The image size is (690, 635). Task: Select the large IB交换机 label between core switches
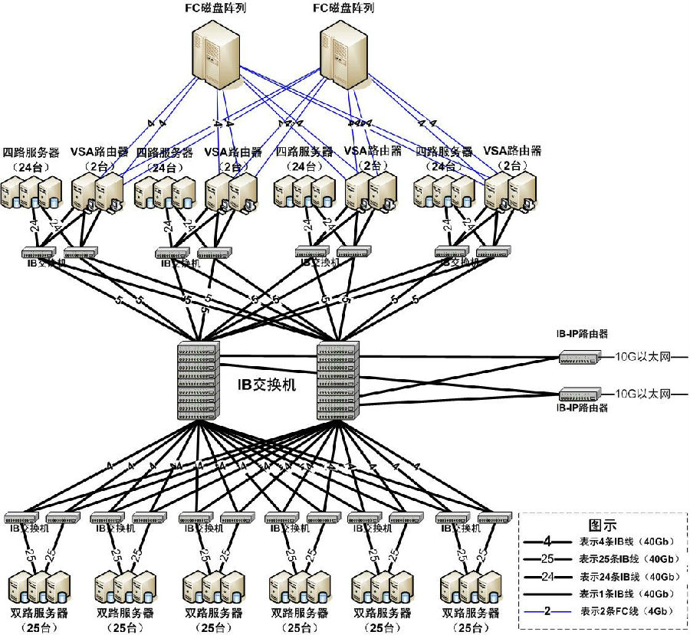[268, 383]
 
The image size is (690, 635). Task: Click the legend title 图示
[603, 525]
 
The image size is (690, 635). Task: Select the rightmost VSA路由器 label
[512, 152]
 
